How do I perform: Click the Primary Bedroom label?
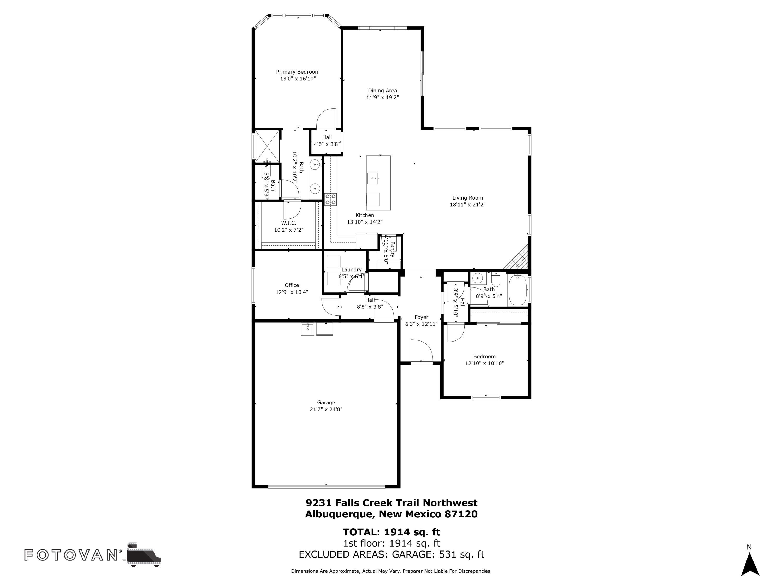point(298,72)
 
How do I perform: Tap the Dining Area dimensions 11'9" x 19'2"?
point(382,97)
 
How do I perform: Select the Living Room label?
point(467,198)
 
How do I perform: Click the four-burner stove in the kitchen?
point(331,199)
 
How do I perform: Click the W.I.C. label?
point(288,223)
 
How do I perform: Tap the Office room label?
point(292,285)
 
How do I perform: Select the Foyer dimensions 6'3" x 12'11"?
point(421,324)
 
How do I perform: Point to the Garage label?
point(326,402)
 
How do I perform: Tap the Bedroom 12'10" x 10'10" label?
point(484,356)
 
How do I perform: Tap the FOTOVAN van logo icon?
point(143,555)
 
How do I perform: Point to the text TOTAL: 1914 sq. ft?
point(391,532)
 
